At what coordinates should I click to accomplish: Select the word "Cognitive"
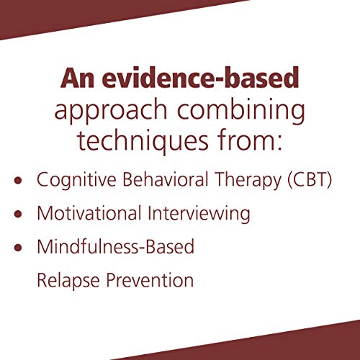[x=72, y=180]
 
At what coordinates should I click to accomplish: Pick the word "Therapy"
[x=240, y=180]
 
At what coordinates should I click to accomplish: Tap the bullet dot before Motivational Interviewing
[x=19, y=214]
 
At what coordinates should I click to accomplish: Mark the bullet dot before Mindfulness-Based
[x=19, y=247]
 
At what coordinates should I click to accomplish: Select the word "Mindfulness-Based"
[x=115, y=247]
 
